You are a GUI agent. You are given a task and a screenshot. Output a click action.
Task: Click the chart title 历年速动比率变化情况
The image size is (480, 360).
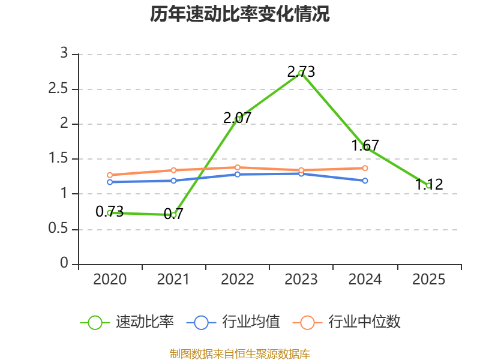(239, 14)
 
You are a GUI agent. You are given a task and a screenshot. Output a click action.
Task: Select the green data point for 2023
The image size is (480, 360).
(301, 73)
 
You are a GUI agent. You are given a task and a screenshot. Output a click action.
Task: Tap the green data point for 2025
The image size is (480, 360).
(428, 185)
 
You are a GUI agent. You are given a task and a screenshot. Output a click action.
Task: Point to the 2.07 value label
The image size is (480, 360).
(237, 118)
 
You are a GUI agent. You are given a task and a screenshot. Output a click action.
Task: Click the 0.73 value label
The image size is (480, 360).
(110, 212)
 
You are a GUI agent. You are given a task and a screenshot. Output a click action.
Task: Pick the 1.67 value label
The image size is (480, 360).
(365, 145)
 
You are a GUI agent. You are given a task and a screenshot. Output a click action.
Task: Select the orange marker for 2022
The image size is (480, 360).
(237, 167)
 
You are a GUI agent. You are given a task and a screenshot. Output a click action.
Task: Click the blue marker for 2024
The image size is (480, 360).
(365, 181)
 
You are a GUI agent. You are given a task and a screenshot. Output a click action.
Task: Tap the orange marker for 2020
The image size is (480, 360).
(110, 175)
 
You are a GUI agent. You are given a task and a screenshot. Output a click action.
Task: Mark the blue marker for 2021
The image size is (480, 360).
(173, 181)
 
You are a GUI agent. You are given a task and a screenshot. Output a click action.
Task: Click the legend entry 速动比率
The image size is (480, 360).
(127, 322)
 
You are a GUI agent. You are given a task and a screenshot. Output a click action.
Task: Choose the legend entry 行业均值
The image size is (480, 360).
(233, 322)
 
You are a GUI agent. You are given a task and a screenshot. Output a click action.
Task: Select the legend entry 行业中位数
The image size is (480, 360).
(347, 322)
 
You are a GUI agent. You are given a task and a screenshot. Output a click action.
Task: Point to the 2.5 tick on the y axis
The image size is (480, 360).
(58, 89)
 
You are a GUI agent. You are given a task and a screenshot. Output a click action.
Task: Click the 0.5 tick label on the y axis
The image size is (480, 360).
(58, 229)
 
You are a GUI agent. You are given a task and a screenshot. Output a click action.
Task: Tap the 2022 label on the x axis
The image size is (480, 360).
(237, 280)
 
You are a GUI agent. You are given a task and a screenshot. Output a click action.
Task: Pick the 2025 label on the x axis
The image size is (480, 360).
(428, 280)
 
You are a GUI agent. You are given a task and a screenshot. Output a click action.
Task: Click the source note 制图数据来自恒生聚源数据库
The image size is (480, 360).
(240, 354)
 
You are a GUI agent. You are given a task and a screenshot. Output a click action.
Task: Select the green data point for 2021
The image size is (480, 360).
(173, 215)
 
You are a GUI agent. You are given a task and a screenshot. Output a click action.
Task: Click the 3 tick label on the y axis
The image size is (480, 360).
(64, 53)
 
